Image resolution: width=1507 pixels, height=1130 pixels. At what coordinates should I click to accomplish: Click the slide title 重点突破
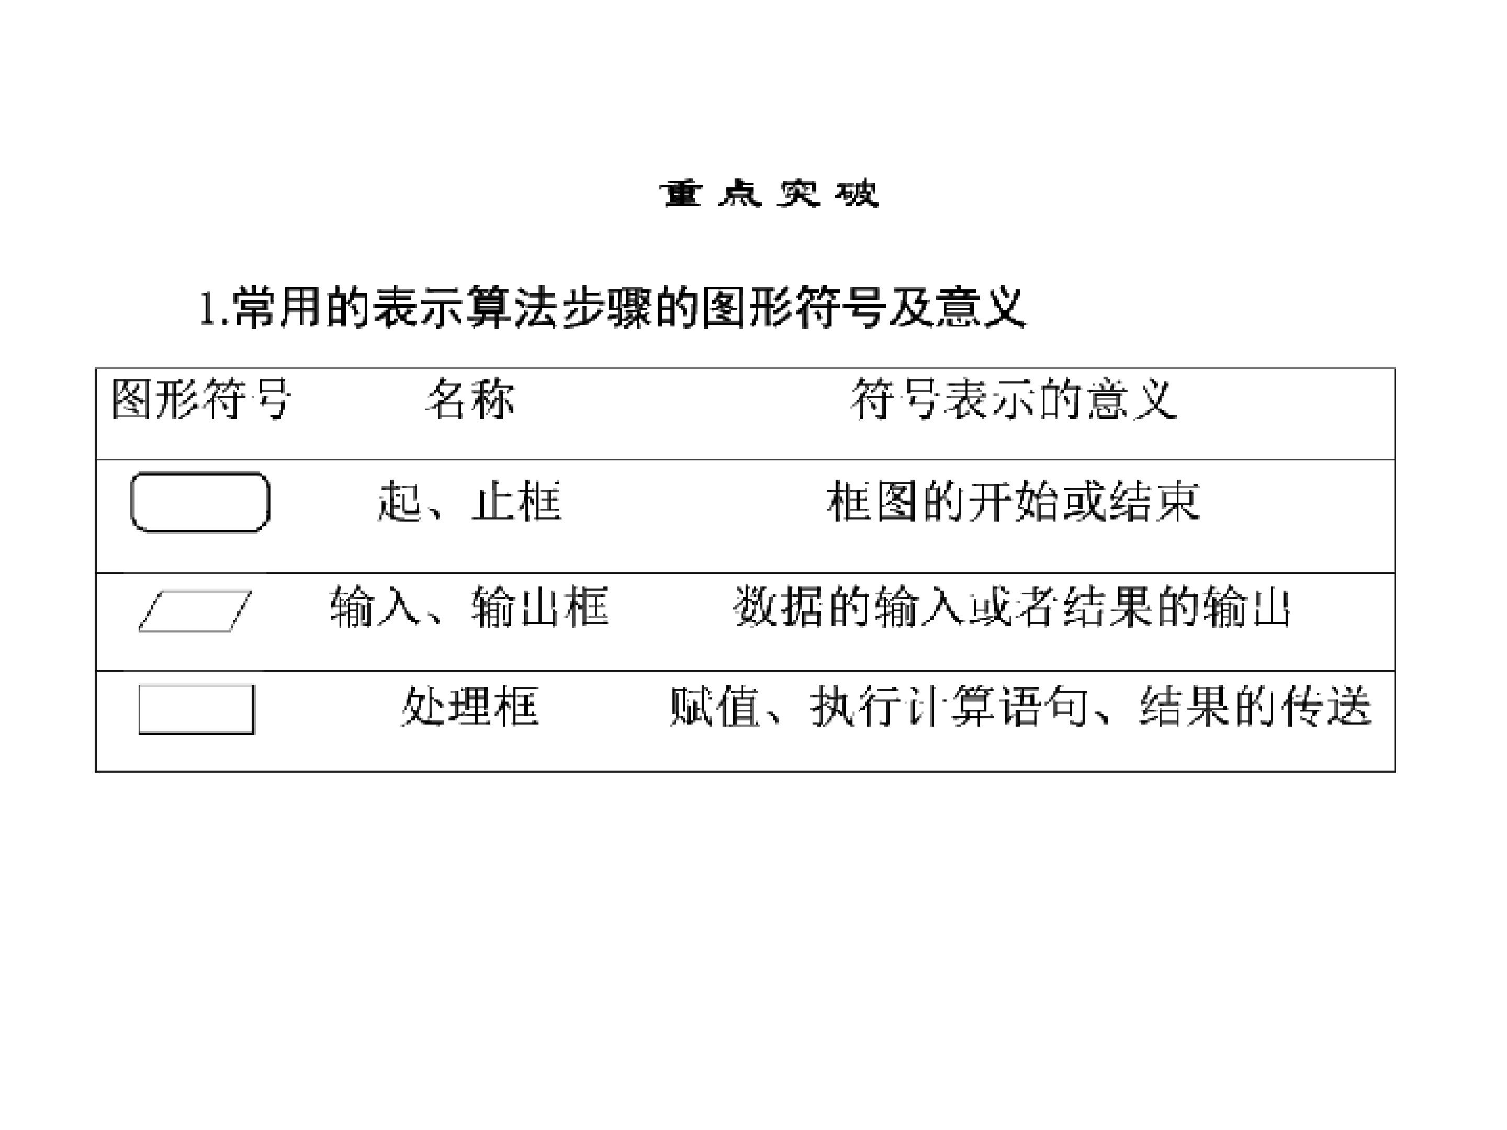pos(769,194)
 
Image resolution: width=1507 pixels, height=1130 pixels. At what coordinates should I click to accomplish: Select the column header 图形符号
pos(201,399)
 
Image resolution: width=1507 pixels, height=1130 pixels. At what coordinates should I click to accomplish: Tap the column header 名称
pos(469,399)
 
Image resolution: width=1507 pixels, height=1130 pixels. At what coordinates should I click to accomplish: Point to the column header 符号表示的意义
pos(1013,399)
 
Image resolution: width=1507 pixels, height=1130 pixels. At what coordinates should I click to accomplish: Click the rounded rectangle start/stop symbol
pos(200,473)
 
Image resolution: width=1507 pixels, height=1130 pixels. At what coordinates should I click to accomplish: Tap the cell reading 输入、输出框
pos(469,606)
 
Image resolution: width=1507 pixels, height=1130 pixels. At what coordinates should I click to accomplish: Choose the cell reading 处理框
pos(469,706)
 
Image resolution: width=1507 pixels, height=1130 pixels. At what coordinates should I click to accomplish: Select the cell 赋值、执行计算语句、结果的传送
pos(1020,706)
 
